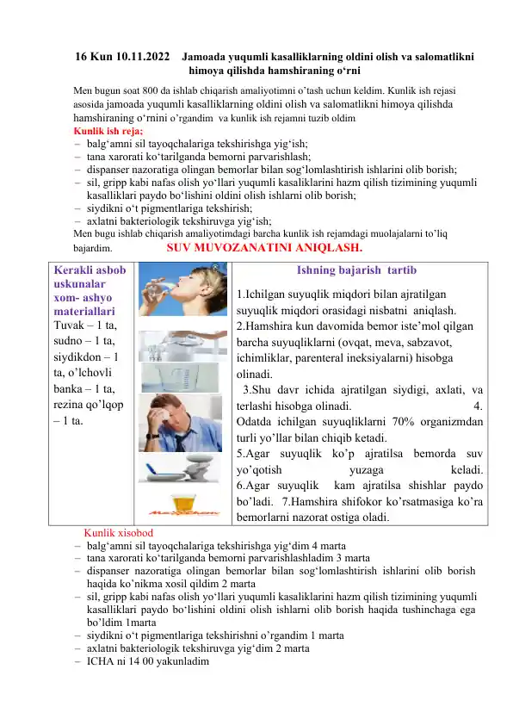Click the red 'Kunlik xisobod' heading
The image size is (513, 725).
118,534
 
